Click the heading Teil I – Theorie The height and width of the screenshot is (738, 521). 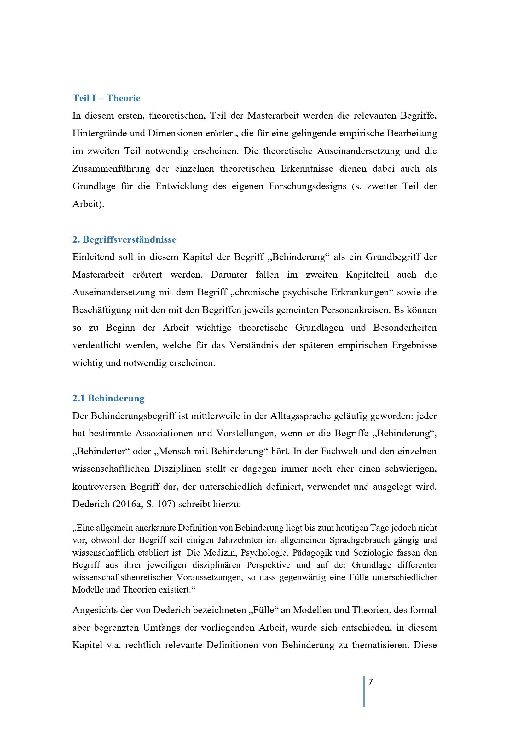(x=106, y=98)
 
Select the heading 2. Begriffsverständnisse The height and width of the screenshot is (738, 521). (x=124, y=239)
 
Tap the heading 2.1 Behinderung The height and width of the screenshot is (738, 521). (x=108, y=398)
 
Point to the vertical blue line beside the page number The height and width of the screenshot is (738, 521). (x=364, y=691)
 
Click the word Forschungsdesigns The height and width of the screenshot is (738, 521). (x=308, y=186)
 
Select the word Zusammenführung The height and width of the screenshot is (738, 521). (x=111, y=169)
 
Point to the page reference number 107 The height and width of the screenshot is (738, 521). (x=164, y=504)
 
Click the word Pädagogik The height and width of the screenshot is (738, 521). (x=313, y=552)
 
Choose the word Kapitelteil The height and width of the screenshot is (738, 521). (x=367, y=275)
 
